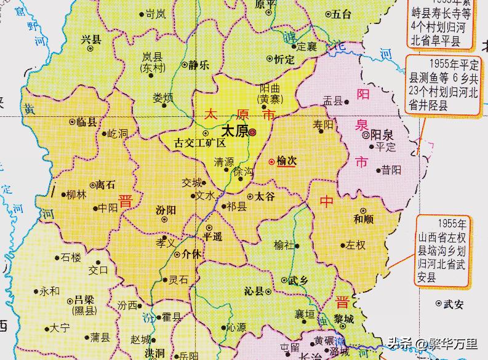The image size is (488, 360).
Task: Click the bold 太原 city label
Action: [233, 132]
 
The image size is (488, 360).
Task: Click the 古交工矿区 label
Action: [199, 143]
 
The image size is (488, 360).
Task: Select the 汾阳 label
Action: [167, 209]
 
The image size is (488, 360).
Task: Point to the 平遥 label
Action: [215, 236]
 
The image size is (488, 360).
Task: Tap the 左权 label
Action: [355, 245]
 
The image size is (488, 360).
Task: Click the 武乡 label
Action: [298, 280]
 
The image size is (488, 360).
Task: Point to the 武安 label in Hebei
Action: [454, 303]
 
